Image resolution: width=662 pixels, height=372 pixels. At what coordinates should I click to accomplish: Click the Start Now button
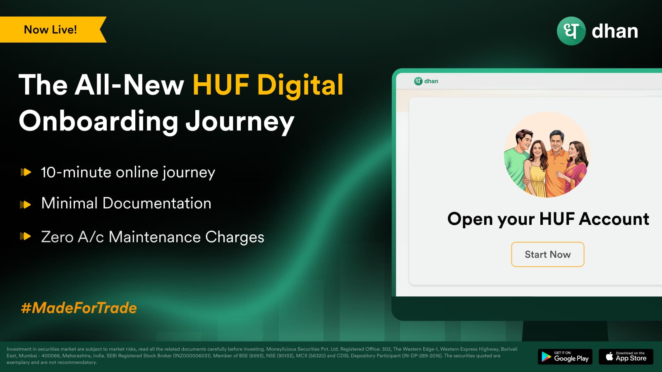click(548, 254)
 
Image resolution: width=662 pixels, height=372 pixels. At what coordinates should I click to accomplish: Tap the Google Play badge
click(565, 357)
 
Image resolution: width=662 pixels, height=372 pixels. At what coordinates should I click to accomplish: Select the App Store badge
click(626, 357)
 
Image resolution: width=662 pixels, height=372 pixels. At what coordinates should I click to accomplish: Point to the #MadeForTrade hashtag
click(79, 308)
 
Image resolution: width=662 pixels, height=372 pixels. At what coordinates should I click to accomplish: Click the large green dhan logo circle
click(571, 31)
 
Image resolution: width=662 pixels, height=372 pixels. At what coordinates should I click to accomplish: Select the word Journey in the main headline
click(240, 122)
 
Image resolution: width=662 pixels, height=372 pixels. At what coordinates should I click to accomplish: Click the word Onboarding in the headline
click(98, 121)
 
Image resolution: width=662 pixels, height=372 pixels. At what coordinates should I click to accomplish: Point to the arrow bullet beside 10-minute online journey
click(26, 172)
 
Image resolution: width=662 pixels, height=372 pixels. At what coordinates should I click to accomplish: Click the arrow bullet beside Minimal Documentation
click(25, 205)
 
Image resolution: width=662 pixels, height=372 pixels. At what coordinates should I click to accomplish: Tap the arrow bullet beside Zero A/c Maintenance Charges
click(25, 236)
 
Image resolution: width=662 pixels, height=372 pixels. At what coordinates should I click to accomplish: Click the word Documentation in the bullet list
click(157, 203)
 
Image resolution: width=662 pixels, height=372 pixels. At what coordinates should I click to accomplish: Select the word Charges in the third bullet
click(235, 237)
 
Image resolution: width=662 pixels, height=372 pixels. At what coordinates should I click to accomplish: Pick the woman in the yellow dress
click(535, 168)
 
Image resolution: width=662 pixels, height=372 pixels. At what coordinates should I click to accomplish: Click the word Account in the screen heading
click(614, 219)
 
